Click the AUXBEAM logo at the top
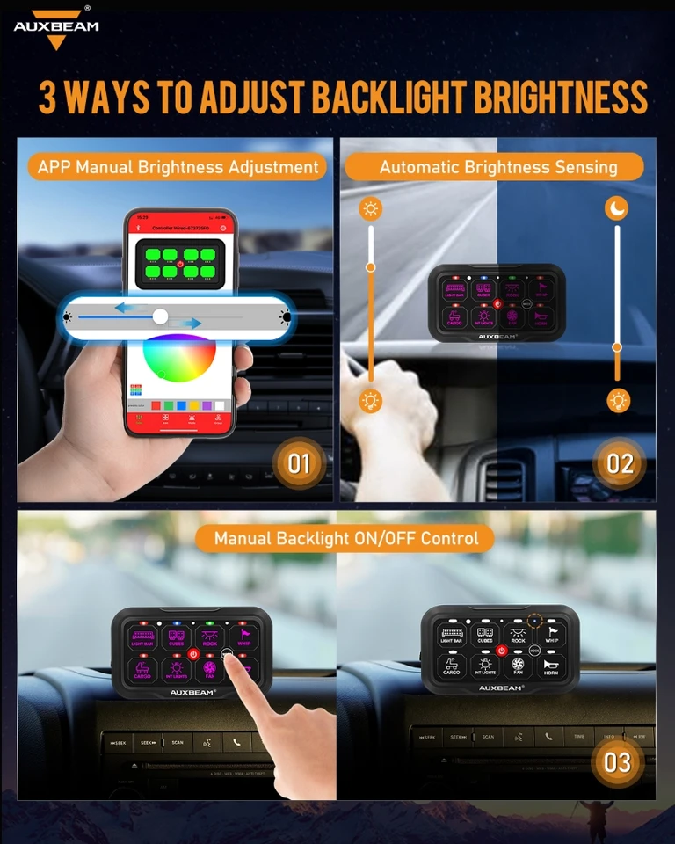[x=56, y=27]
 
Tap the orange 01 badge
[x=300, y=462]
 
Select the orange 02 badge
[x=620, y=462]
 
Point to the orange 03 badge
[x=617, y=760]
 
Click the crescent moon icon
[x=617, y=208]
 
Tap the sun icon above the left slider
[x=371, y=208]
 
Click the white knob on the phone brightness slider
[x=160, y=316]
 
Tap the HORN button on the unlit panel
[x=551, y=666]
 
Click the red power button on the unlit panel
[x=502, y=651]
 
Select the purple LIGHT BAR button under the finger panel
[x=142, y=637]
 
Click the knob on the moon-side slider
[x=617, y=348]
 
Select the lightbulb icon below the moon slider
[x=619, y=401]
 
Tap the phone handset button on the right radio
[x=549, y=736]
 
